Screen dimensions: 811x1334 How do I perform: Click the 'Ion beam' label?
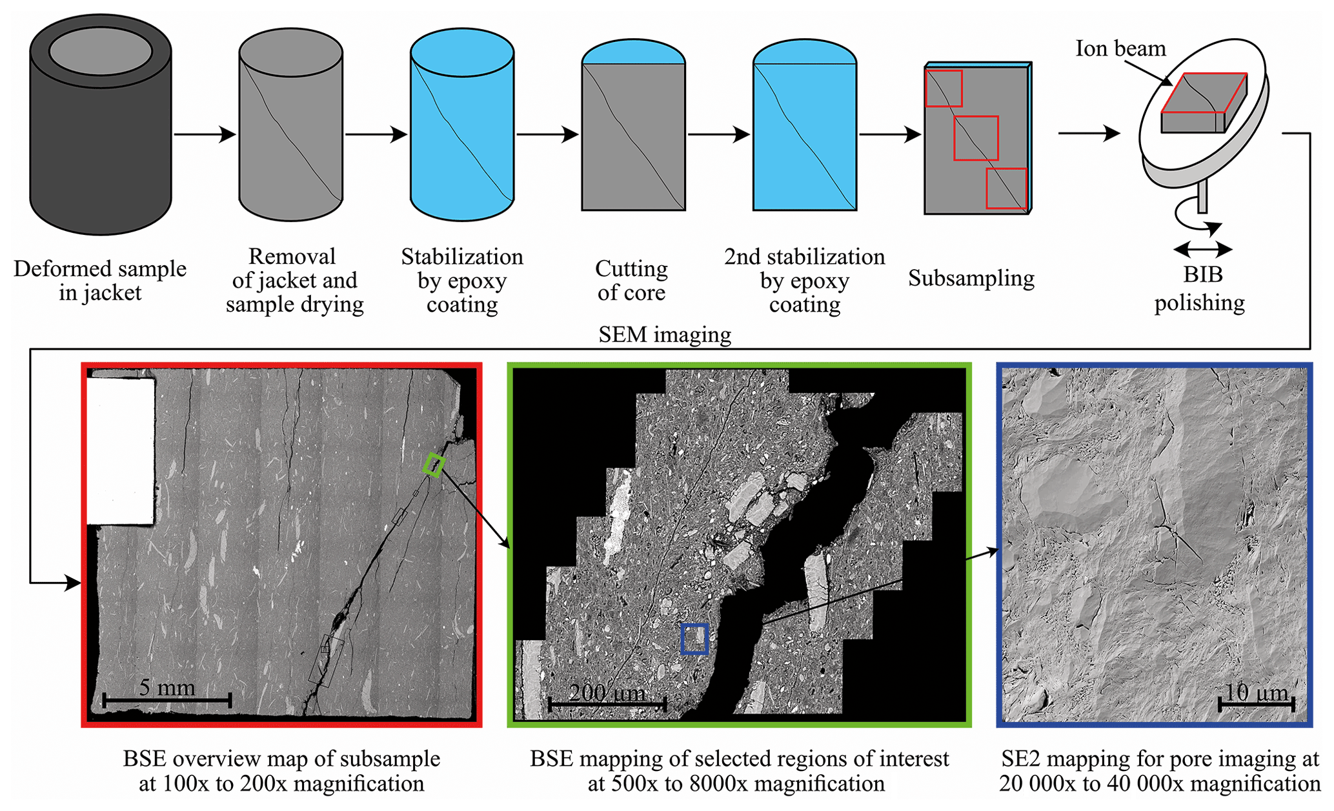pos(1120,49)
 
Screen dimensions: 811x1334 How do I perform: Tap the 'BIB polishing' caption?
pos(1200,288)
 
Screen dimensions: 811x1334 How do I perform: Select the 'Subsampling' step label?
pos(971,278)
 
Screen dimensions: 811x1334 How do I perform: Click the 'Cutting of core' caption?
pos(631,280)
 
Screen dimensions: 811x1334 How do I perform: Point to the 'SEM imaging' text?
pos(665,334)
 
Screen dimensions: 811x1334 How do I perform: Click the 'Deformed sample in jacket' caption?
pos(100,280)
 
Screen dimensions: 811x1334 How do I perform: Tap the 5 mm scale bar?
pos(167,699)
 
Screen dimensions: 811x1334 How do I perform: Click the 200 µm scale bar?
pos(607,704)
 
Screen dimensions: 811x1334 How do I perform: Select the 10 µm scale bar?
pos(1256,703)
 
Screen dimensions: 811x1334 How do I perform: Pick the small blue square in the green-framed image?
pos(695,639)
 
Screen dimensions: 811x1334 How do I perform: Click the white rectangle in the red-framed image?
pos(121,450)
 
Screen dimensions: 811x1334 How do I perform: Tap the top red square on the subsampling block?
pos(944,88)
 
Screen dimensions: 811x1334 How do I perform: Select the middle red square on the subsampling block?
pos(976,138)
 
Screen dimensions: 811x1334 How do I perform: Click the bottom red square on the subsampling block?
pos(1006,188)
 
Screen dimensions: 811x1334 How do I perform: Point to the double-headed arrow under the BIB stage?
pos(1202,249)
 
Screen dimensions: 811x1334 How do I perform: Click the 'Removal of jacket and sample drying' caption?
pos(294,280)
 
